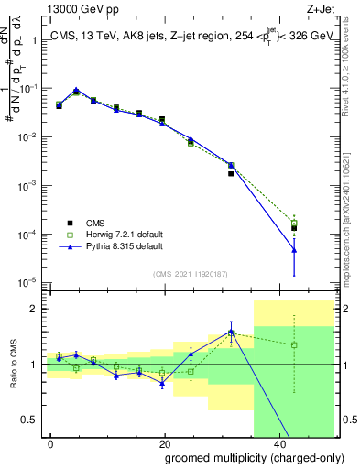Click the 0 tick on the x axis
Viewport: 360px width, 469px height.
[x=51, y=442]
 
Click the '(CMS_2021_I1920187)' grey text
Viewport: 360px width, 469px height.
[x=190, y=273]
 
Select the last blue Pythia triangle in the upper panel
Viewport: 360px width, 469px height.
[x=294, y=249]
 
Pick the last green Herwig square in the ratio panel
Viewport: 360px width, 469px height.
[x=294, y=345]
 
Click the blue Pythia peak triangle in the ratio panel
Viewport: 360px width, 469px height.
[x=231, y=332]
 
